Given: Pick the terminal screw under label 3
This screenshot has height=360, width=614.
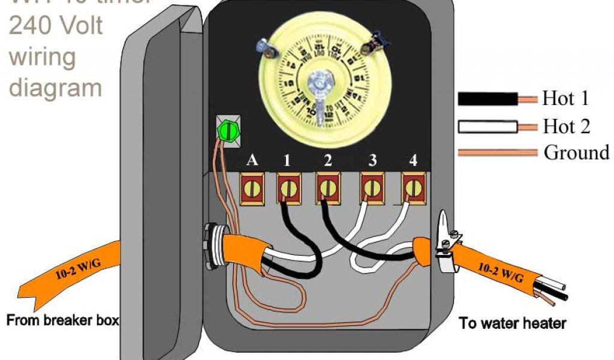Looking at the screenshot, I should [371, 188].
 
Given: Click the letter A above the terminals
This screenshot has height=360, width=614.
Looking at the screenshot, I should [253, 161].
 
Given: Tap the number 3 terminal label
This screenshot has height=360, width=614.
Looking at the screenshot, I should [373, 161].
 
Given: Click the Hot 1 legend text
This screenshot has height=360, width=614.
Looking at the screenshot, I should [565, 98].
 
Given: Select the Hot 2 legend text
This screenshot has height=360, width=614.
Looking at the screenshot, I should [566, 127].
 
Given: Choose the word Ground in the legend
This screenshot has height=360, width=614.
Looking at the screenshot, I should [576, 152].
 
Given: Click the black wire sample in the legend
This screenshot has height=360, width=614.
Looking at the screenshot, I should [487, 98].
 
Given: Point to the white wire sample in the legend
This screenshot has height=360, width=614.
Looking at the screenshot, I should [487, 127].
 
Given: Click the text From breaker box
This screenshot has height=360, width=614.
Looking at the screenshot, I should [62, 320].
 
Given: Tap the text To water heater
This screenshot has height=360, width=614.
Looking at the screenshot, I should [512, 323].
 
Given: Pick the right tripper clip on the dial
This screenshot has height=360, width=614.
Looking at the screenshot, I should [377, 40].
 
